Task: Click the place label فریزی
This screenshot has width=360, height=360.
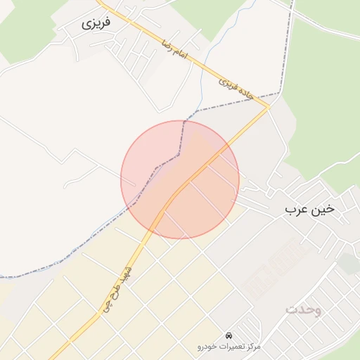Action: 96,22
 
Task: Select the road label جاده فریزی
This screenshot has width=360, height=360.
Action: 236,86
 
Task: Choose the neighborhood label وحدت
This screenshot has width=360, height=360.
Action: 304,309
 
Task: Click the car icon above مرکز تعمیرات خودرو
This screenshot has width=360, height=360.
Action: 229,335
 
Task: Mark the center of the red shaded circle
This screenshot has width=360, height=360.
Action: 180,179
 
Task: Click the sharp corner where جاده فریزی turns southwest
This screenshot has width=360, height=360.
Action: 269,107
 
